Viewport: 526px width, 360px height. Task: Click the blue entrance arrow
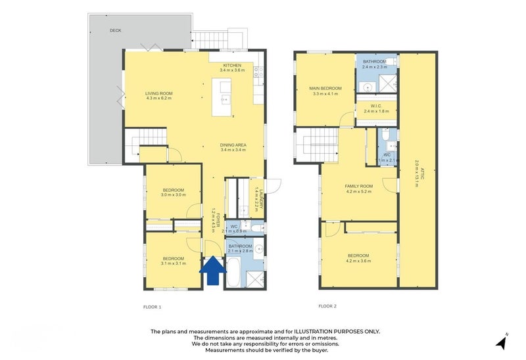point(212,271)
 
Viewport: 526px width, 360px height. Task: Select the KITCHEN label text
point(232,65)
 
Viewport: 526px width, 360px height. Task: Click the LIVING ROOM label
point(158,93)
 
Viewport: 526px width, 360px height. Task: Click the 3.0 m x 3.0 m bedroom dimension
point(173,195)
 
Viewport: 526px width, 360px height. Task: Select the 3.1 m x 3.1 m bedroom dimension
point(174,263)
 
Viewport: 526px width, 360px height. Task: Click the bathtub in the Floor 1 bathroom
point(232,273)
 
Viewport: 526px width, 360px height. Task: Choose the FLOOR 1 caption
point(152,307)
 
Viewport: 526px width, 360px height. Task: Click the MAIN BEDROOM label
point(325,88)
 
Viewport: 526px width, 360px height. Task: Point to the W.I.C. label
point(376,106)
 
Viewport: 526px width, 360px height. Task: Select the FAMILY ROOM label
point(358,186)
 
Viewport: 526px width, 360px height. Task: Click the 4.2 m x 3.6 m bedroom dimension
point(358,261)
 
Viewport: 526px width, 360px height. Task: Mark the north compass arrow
point(502,342)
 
